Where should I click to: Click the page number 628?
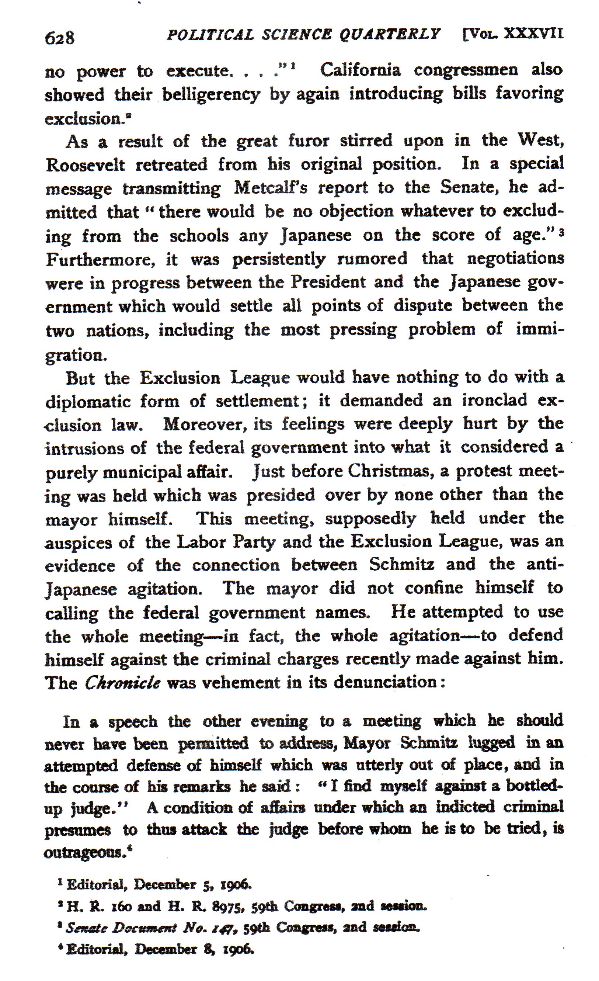pyautogui.click(x=60, y=38)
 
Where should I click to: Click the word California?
pyautogui.click(x=360, y=70)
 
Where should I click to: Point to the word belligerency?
pyautogui.click(x=211, y=94)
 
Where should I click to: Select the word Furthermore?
pyautogui.click(x=100, y=260)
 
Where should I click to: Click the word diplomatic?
pyautogui.click(x=88, y=401)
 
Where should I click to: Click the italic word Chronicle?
pyautogui.click(x=123, y=683)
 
